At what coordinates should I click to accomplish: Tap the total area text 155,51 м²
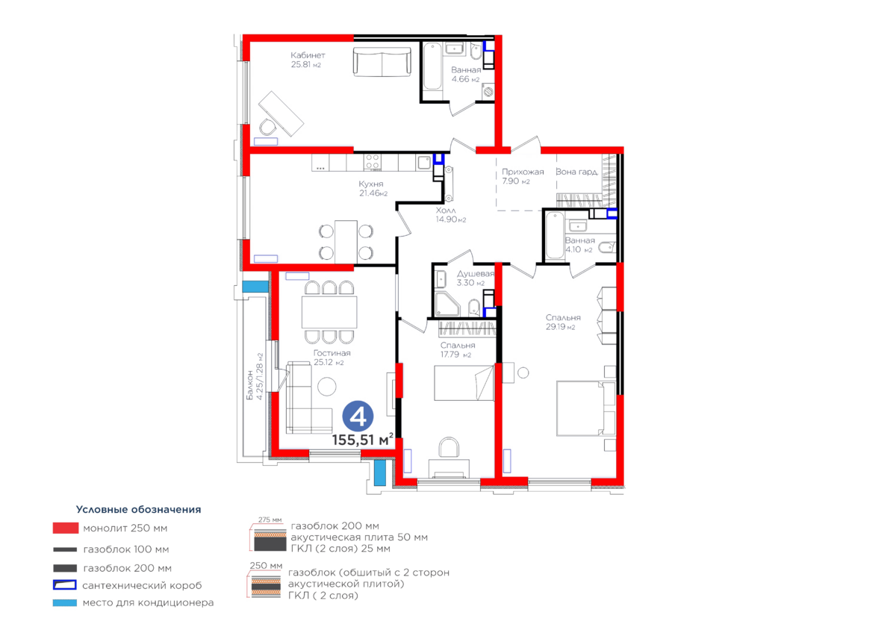[364, 440]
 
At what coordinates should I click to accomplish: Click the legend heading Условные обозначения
[139, 510]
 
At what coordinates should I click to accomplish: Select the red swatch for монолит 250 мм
[65, 528]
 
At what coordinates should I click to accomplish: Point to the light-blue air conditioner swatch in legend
[65, 602]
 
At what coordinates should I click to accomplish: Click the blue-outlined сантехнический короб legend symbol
[65, 585]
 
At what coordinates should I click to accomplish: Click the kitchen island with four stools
[346, 241]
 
